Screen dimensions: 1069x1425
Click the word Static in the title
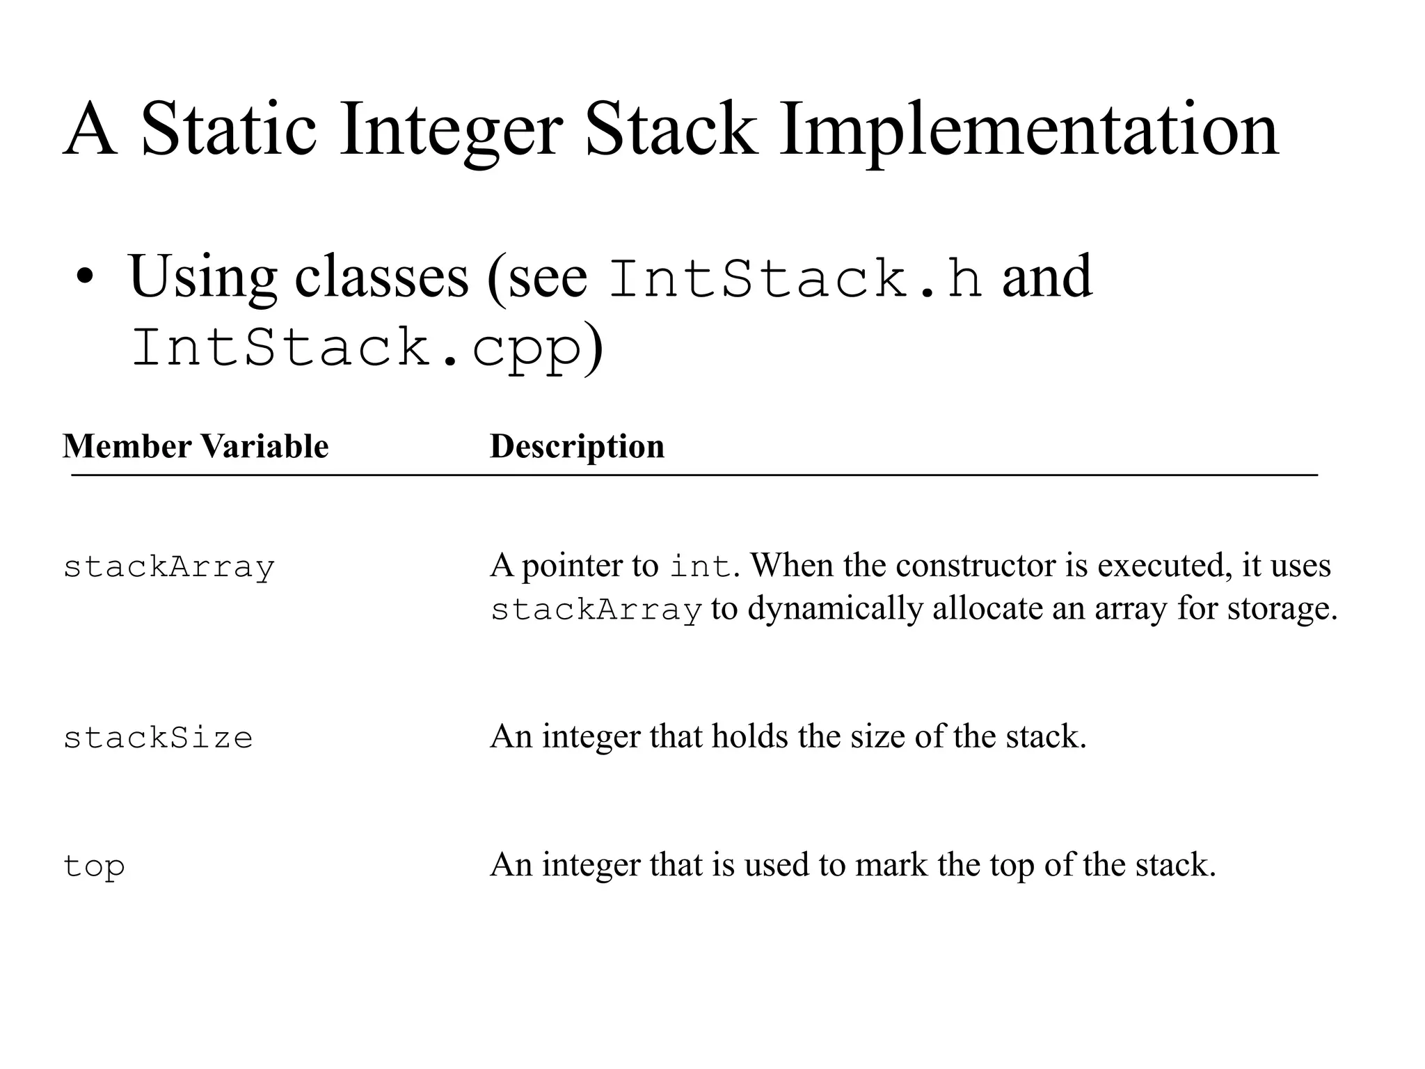(x=229, y=130)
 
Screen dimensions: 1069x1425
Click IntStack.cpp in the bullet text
(x=356, y=348)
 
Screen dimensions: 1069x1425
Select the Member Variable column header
(x=196, y=446)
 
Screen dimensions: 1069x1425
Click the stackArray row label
(x=169, y=567)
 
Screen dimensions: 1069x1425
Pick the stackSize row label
(x=158, y=738)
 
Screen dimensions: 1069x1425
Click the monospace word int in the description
(x=701, y=566)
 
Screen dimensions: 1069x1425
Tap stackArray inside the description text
(x=596, y=610)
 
